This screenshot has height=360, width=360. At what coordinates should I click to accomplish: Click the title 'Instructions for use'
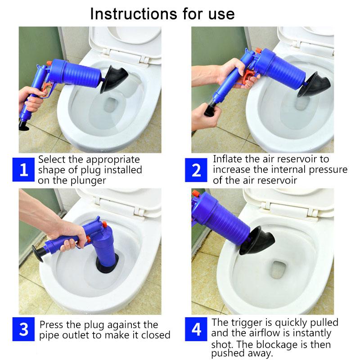coord(162,13)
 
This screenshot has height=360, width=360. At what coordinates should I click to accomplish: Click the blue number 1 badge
coord(24,170)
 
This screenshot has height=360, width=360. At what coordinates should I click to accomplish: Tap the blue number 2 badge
coord(197,170)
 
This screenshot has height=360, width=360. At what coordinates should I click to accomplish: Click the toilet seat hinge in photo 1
coord(143,58)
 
